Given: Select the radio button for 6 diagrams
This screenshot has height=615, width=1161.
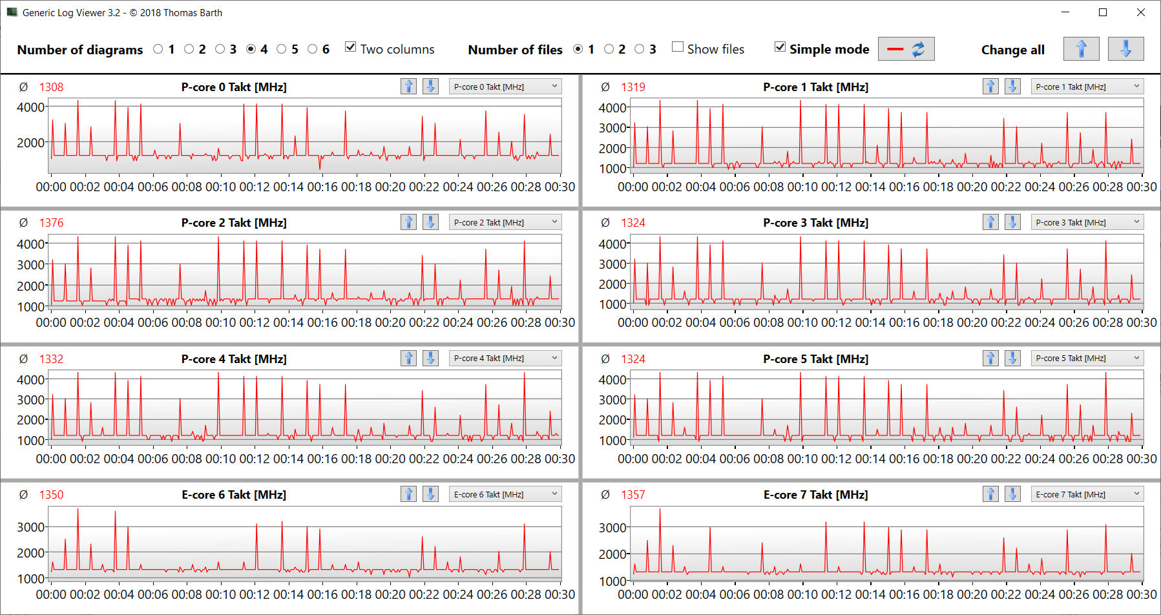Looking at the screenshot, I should [x=313, y=49].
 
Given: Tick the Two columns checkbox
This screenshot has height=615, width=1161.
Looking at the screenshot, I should [x=351, y=47].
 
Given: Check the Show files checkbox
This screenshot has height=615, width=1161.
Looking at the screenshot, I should [x=678, y=47].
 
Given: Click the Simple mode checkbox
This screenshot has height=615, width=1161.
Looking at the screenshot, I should [x=780, y=47].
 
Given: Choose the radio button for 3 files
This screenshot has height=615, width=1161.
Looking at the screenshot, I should [x=640, y=49].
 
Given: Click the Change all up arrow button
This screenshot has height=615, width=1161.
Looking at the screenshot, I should [x=1081, y=49].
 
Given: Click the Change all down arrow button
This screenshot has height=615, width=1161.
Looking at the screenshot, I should [x=1125, y=49].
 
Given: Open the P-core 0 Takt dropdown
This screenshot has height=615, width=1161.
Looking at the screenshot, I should [x=505, y=87].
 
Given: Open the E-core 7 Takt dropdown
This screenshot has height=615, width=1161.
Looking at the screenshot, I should [x=1087, y=494].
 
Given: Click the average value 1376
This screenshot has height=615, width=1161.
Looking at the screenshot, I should [x=51, y=223].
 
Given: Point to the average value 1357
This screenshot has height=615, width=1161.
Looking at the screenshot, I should [x=633, y=495].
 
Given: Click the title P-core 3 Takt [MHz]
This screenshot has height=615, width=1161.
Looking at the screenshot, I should [x=815, y=223].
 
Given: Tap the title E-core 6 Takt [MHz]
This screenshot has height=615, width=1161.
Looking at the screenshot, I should [x=234, y=495].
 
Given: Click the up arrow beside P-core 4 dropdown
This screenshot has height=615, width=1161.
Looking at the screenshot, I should [x=408, y=358].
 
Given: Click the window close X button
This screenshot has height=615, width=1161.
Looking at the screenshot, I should [x=1141, y=12].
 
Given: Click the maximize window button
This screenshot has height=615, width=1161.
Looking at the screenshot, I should [x=1103, y=12].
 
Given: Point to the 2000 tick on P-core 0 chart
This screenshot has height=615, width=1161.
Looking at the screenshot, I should [x=30, y=143].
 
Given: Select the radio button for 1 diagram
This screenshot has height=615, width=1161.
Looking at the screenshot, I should [x=158, y=49].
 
